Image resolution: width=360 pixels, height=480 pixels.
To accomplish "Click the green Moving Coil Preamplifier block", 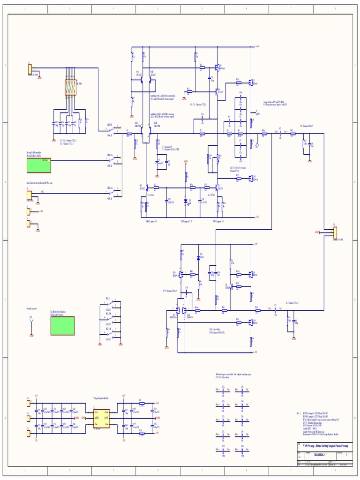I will coord(38,165).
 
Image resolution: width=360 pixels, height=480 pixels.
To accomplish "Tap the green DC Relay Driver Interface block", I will coord(62,326).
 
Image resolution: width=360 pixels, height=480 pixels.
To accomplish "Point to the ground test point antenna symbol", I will coord(31,323).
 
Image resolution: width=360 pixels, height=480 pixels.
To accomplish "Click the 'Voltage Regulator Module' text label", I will coord(101,397).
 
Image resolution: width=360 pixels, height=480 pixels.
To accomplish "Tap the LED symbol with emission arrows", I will coord(186,201).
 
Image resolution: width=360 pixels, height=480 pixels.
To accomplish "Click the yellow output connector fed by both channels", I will coord(334,232).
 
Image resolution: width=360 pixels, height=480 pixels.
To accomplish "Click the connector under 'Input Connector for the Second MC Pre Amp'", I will coord(30,195).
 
